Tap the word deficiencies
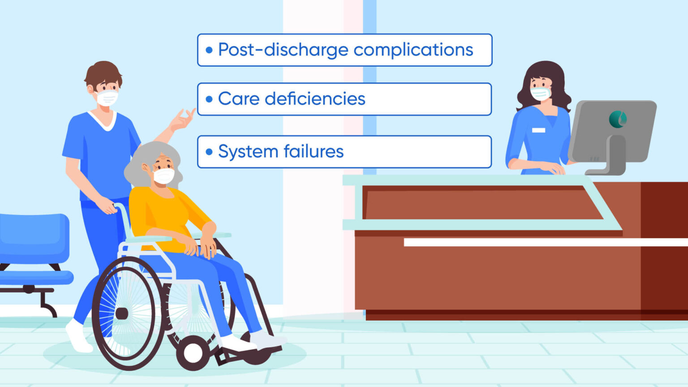[315, 99]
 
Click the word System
[248, 151]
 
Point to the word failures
[313, 151]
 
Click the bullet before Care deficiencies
[209, 99]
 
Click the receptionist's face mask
[540, 94]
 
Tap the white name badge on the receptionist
[538, 130]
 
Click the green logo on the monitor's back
[618, 119]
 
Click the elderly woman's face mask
[163, 176]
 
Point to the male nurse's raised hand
[184, 119]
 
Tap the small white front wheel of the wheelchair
[193, 353]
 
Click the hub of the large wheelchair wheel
[121, 313]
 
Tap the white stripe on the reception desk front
[537, 242]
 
